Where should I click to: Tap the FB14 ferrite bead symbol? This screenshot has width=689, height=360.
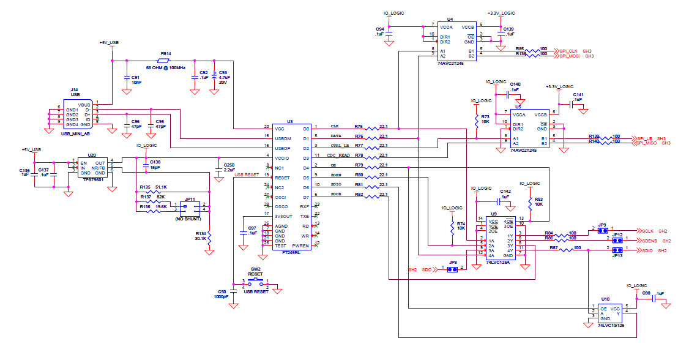tap(165, 61)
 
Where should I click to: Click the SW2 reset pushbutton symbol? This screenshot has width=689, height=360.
tap(256, 282)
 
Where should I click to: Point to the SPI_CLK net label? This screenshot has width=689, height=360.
tap(568, 50)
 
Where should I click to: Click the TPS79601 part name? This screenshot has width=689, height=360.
tap(93, 181)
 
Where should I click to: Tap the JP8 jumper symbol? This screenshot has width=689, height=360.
tap(452, 269)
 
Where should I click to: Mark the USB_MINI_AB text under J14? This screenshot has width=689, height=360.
tap(75, 133)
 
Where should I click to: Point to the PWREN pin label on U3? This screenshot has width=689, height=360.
tap(300, 245)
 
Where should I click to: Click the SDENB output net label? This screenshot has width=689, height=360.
tap(650, 241)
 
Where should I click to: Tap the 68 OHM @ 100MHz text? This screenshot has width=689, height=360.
tap(165, 67)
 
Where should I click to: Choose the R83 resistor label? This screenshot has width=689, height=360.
tap(538, 199)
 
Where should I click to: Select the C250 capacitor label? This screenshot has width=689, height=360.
tap(229, 165)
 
